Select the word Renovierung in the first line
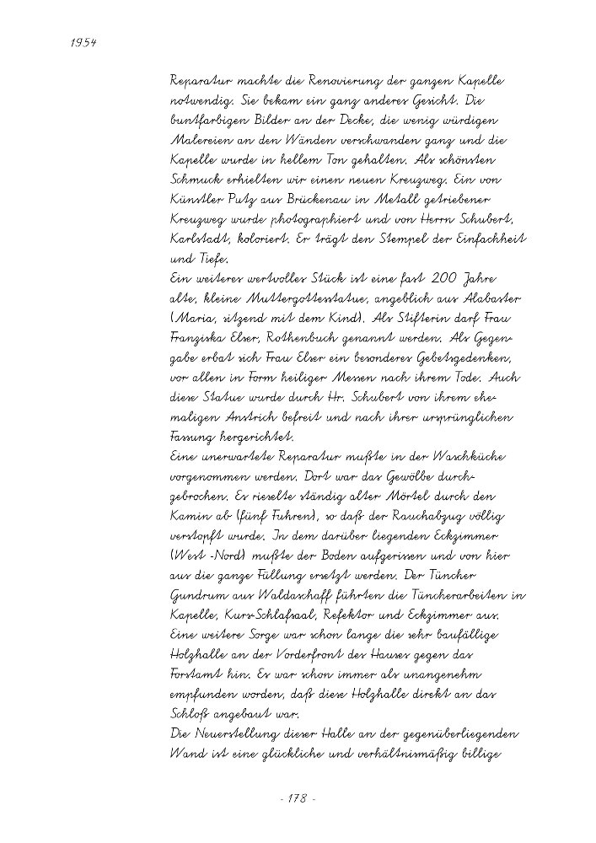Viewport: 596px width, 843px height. pyautogui.click(x=320, y=83)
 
